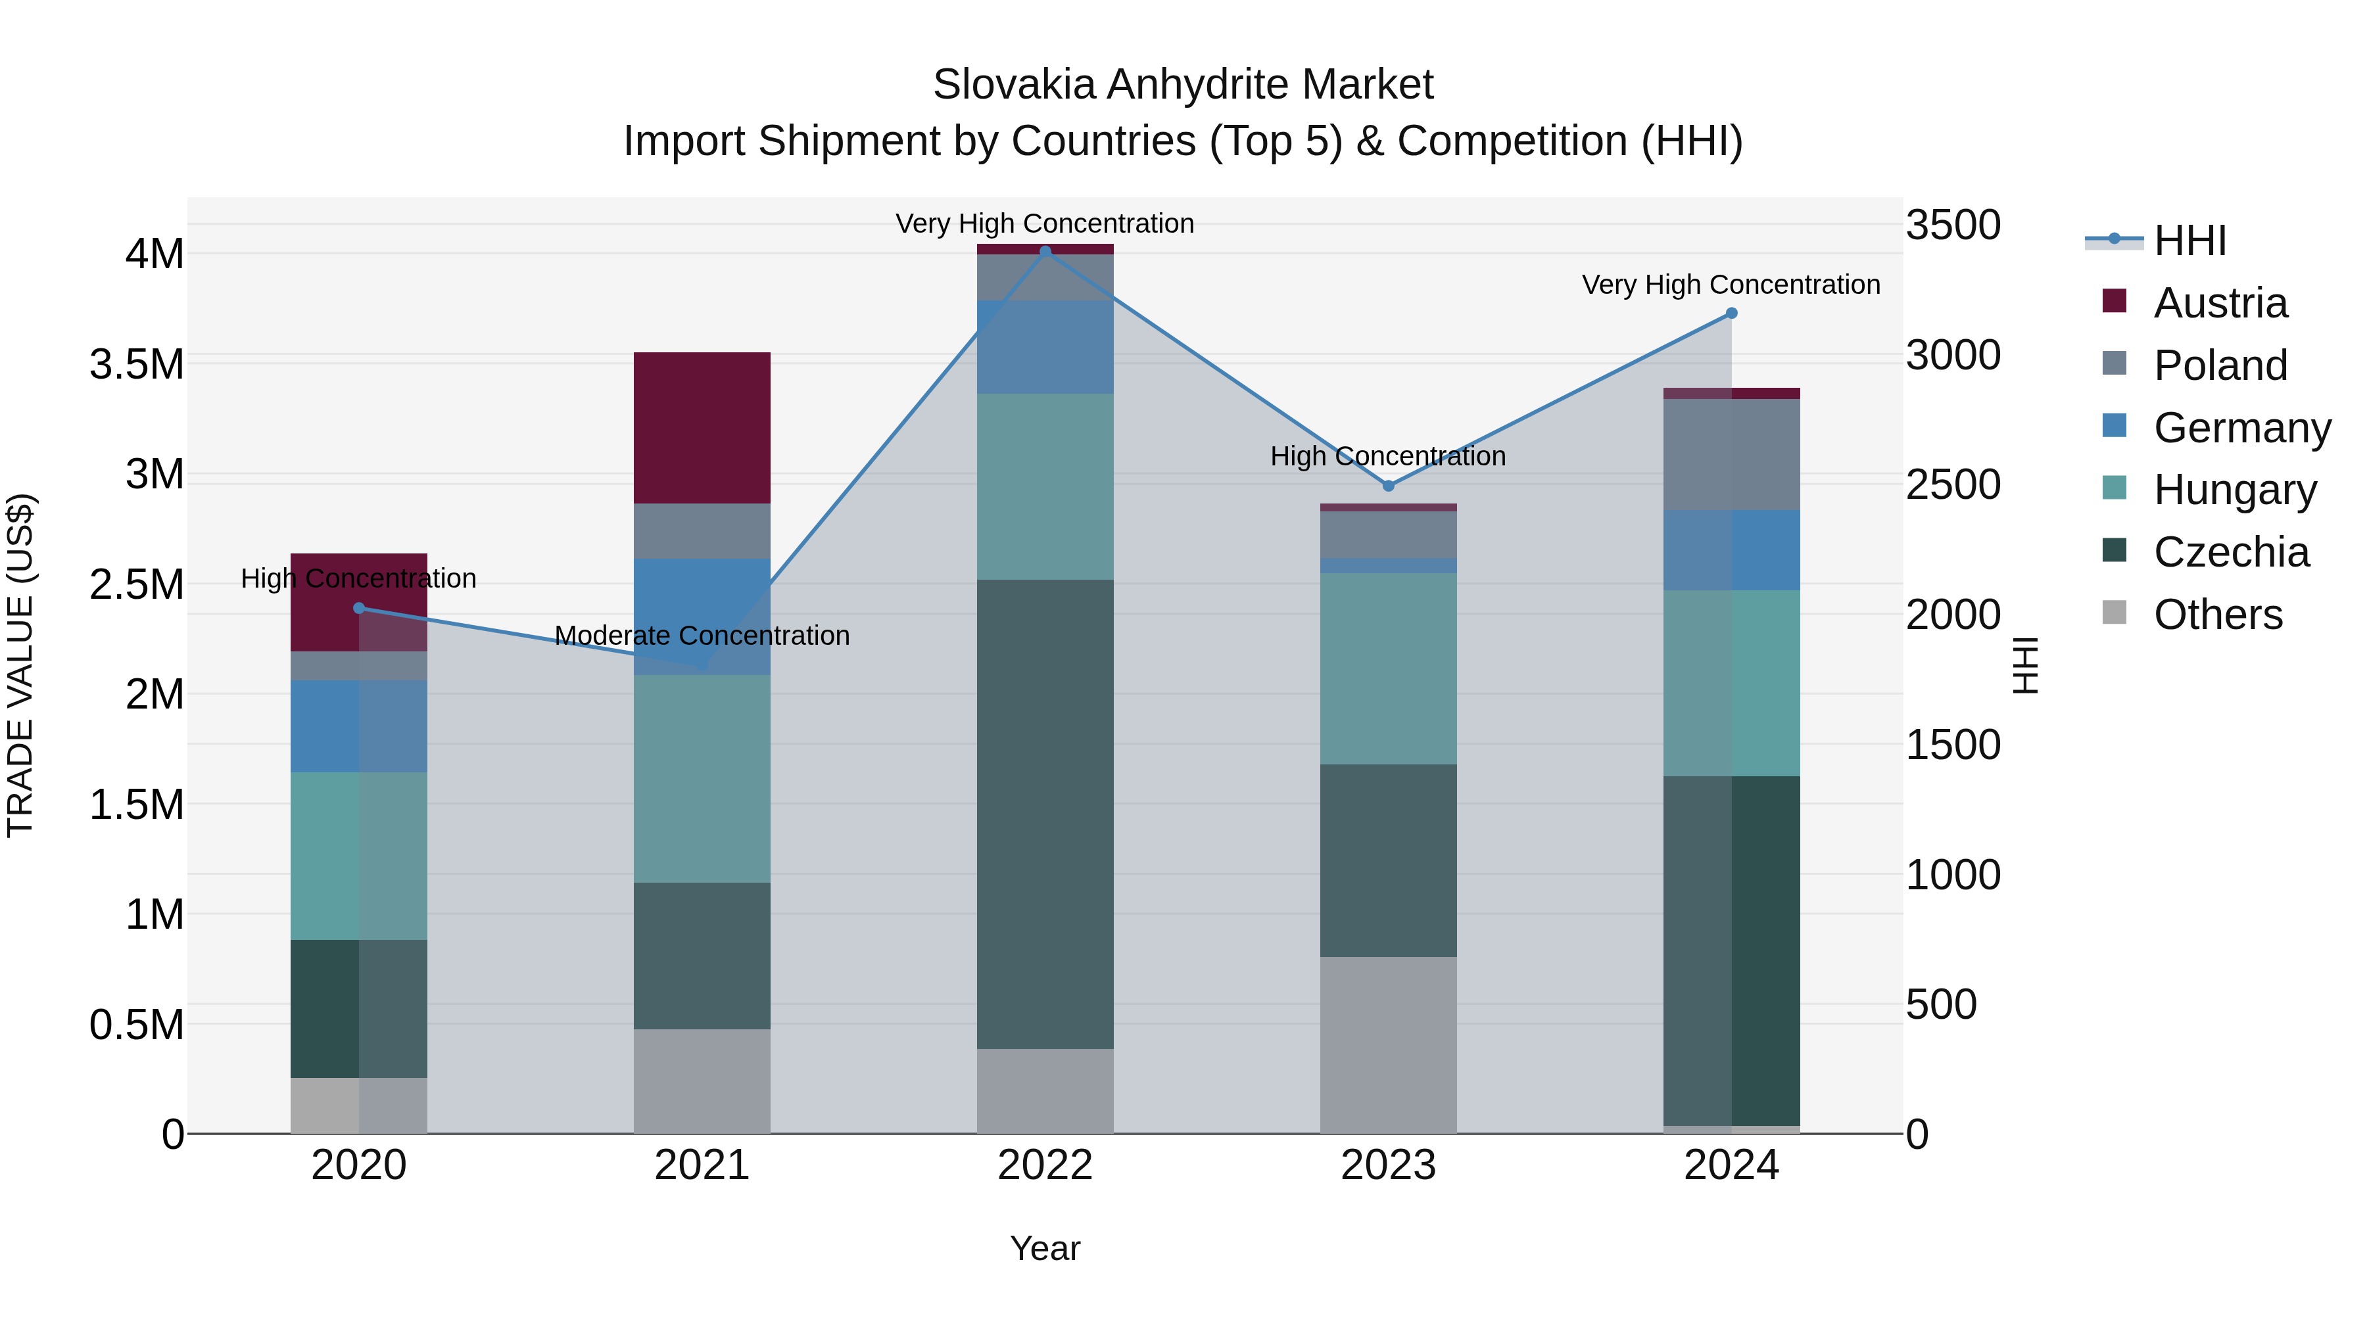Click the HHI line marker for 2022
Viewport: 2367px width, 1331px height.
coord(1045,252)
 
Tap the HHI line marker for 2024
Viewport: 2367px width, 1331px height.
coord(1731,314)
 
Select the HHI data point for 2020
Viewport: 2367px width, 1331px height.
coord(359,608)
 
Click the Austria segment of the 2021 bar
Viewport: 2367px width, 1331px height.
coord(702,427)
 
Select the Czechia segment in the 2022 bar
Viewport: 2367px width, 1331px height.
coord(1045,813)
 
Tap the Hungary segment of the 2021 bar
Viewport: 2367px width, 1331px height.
coord(702,778)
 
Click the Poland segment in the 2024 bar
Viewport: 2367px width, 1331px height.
coord(1731,455)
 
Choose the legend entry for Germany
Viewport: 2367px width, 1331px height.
coord(2241,428)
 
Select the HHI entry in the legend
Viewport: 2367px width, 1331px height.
coord(2189,241)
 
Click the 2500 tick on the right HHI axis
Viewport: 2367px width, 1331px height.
coord(1953,485)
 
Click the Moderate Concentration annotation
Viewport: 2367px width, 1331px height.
coord(702,636)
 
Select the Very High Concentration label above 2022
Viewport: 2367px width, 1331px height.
coord(1045,223)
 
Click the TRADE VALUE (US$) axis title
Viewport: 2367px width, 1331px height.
coord(20,665)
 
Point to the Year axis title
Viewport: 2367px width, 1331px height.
coord(1045,1248)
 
